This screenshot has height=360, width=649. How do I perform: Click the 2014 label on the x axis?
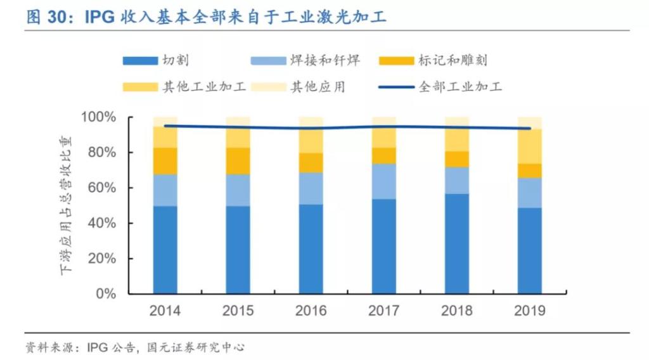point(165,311)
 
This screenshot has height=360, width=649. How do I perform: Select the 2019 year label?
point(529,311)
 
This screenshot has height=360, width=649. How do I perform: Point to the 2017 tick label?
point(383,311)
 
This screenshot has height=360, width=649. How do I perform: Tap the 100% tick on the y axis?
point(98,118)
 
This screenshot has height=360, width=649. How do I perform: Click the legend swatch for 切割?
point(139,61)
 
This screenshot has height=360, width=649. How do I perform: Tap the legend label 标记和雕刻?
point(453,61)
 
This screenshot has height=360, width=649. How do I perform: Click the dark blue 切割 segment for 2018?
point(456,244)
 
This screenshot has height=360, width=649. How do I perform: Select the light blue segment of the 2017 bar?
point(383,181)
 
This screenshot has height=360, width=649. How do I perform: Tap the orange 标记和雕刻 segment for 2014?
point(165,161)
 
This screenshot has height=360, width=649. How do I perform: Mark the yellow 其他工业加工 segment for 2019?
point(529,146)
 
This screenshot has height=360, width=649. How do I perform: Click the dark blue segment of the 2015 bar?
point(238,250)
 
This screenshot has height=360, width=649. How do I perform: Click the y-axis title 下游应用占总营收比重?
point(66,204)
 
